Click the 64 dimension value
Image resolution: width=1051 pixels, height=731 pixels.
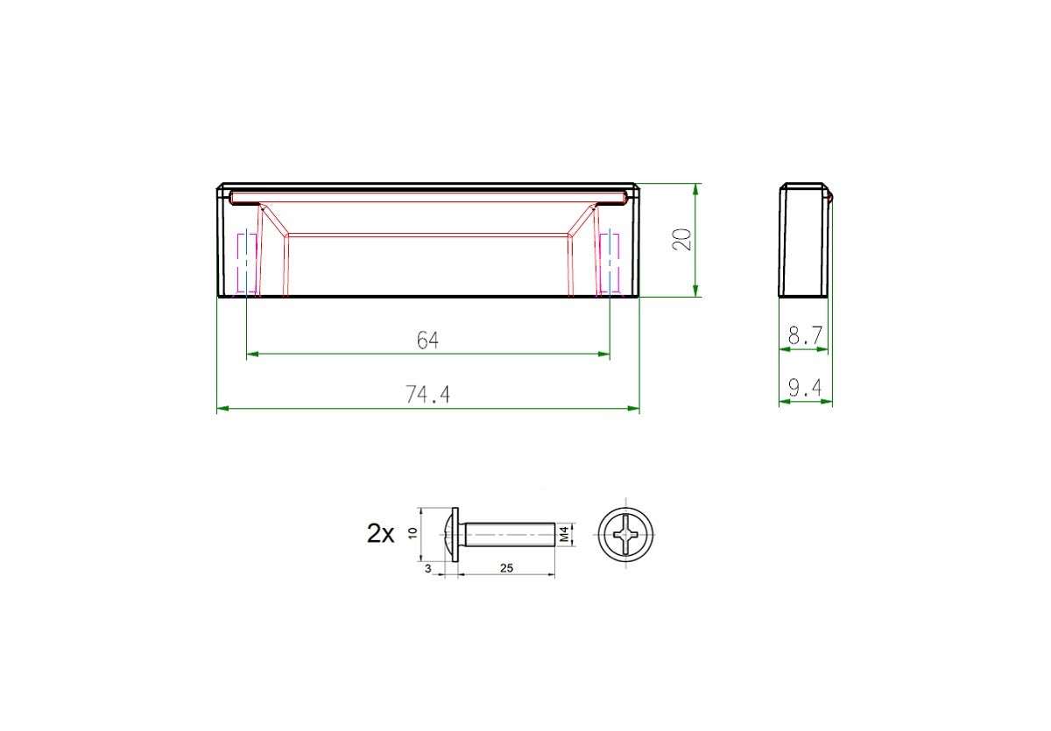coord(427,341)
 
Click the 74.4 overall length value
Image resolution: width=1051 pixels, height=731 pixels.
coord(427,394)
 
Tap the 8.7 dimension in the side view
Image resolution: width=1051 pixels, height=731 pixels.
coord(805,335)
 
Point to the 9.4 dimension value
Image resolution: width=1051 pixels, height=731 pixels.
coord(805,388)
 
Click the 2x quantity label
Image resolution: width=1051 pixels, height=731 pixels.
coord(380,534)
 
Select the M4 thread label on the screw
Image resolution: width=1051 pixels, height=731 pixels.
coord(564,534)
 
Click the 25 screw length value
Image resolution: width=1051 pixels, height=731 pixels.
coord(506,568)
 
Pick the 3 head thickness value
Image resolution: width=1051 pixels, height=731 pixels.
coord(427,569)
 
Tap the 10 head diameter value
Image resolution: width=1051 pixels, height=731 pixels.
coord(413,533)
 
